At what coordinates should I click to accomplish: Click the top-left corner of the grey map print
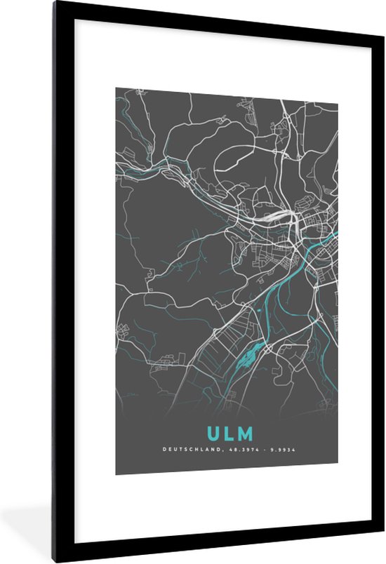(117, 88)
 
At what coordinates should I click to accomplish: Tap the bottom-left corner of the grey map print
(117, 474)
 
